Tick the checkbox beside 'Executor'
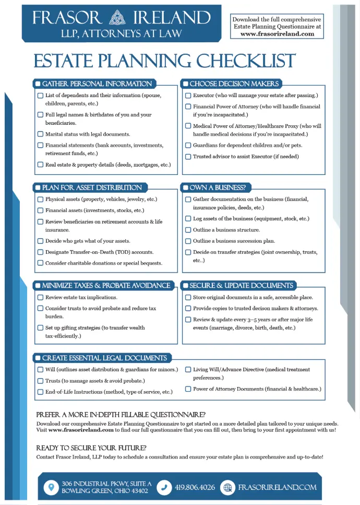(188, 96)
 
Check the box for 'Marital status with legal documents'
(40, 134)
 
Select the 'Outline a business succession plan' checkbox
(188, 241)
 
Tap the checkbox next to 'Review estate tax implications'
(40, 297)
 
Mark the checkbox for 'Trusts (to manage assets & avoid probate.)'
(40, 381)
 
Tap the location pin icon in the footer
(51, 487)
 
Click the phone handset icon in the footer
(164, 487)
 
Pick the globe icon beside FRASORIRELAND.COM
(227, 487)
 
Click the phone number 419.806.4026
(195, 487)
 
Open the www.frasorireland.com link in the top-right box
(277, 34)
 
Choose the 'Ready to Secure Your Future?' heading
(91, 448)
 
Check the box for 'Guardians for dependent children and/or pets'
(188, 145)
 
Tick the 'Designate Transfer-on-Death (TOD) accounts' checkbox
(40, 252)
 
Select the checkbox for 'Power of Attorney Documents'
(188, 389)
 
